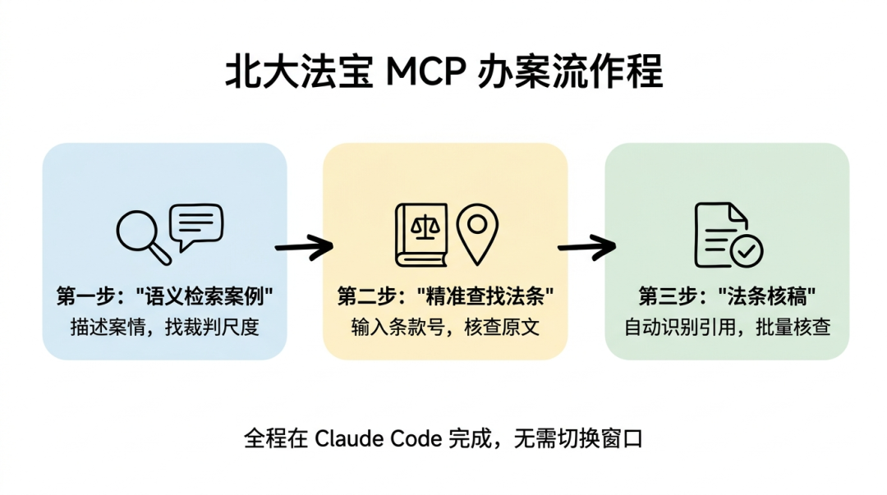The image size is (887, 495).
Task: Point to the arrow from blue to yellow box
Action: tap(304, 245)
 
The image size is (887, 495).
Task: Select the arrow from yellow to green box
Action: tap(586, 245)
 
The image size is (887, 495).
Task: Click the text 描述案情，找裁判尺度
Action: tap(164, 327)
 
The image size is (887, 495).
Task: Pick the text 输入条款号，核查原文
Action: tap(445, 327)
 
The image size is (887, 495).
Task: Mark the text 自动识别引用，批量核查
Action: tap(728, 327)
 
